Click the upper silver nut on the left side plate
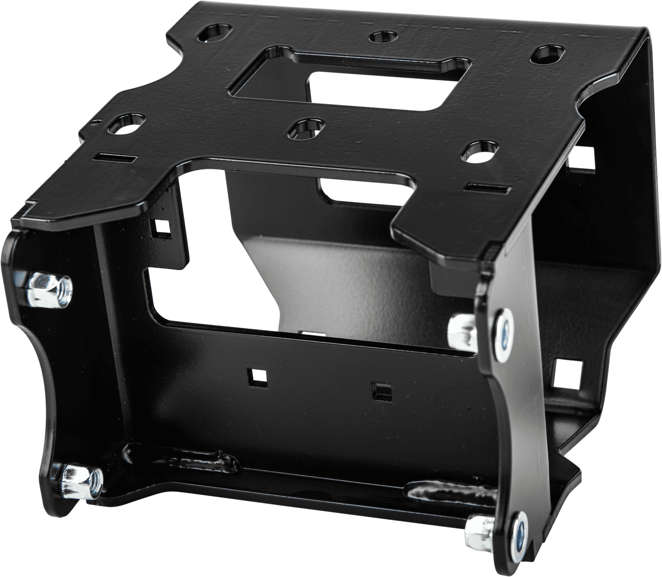point(50,286)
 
